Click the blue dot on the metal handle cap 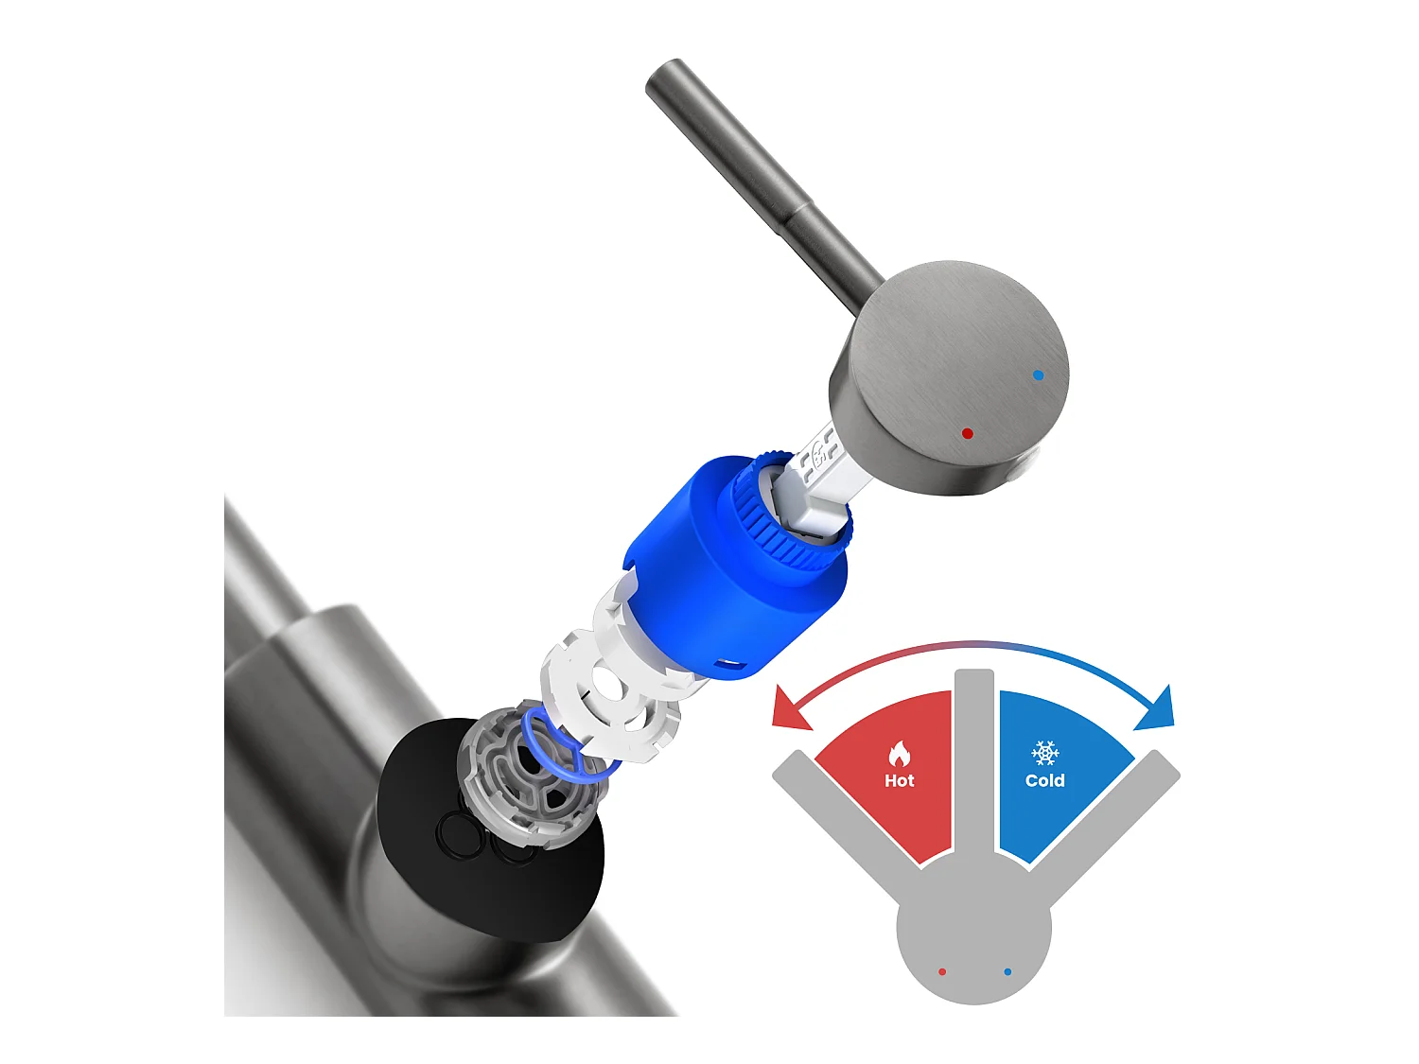1039,375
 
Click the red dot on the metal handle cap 967,434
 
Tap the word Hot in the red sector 899,780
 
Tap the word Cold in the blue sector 1044,780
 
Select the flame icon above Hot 899,754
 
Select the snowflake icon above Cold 1044,753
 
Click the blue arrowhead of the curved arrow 1158,709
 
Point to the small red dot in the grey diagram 942,971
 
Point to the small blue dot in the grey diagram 1007,971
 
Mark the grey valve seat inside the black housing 520,776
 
